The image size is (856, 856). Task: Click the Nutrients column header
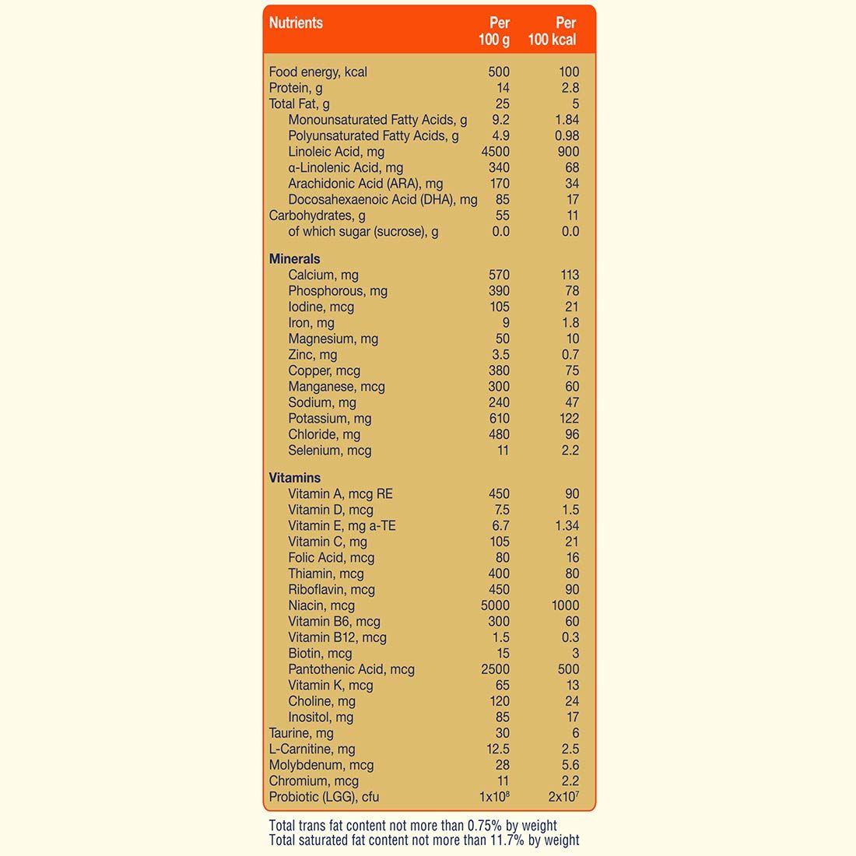coord(296,23)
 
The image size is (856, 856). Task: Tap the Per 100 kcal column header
coord(553,31)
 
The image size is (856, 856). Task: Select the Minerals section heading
coord(294,259)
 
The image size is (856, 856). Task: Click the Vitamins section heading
coord(294,478)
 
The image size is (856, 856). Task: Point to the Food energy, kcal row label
coord(317,72)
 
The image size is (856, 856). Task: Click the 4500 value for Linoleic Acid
coord(496,152)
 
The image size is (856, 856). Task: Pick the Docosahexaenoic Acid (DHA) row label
coord(382,200)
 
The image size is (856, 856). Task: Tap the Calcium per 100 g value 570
coord(499,275)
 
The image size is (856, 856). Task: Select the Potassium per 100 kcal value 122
coord(569,419)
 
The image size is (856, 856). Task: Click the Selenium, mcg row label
coord(329,451)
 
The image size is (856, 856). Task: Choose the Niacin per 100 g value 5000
coord(496,605)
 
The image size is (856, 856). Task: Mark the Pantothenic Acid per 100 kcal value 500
coord(569,669)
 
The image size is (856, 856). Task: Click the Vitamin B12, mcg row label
coord(337,637)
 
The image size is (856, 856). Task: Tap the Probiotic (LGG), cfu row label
coord(324,797)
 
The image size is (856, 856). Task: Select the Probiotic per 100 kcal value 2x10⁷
coord(563,797)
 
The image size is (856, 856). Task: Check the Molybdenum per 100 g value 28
coord(503,765)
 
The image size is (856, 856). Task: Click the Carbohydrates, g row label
coord(317,216)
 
